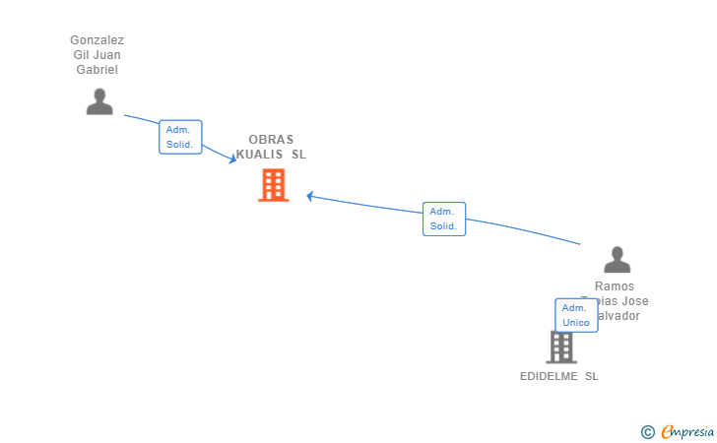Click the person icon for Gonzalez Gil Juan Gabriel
point(99,101)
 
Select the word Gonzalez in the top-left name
point(97,40)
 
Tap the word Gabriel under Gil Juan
point(97,70)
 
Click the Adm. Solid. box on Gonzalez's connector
point(180,137)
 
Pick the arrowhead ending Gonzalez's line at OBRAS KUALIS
point(231,158)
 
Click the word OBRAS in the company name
point(271,140)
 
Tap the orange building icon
point(274,184)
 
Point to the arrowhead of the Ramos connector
point(309,196)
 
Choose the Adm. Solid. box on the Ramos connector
point(443,219)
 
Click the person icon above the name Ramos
point(617,260)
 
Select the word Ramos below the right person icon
point(617,286)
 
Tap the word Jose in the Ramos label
point(635,301)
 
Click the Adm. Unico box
point(576,315)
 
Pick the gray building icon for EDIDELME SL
point(561,347)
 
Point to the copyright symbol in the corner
point(647,431)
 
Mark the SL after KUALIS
point(298,155)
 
